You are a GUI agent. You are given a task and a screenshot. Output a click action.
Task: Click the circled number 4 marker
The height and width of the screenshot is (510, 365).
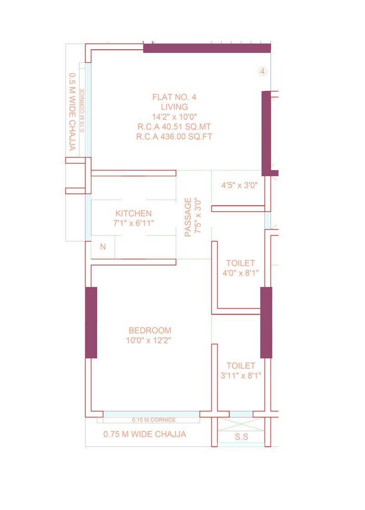(x=263, y=71)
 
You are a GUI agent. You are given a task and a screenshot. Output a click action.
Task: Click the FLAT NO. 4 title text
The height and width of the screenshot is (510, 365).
(x=174, y=97)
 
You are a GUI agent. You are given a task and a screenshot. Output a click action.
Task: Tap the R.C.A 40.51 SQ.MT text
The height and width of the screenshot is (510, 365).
(x=174, y=127)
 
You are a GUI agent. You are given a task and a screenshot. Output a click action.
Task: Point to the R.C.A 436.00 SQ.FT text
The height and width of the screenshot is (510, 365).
(x=174, y=137)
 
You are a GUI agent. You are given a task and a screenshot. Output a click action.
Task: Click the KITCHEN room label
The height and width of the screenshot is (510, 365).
(x=133, y=213)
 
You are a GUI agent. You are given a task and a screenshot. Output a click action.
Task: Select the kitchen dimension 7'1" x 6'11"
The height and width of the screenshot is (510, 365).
(x=133, y=223)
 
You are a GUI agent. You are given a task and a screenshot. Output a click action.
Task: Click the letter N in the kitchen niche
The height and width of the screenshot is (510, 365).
(x=103, y=247)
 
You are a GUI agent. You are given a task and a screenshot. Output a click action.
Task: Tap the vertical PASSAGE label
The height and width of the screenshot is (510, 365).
(x=188, y=217)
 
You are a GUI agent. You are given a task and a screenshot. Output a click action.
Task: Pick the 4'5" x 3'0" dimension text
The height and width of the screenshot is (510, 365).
(x=240, y=186)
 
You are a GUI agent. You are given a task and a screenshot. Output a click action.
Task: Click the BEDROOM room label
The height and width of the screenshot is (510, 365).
(x=150, y=330)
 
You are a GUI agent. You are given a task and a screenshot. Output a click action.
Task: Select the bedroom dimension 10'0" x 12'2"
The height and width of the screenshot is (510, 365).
(x=150, y=340)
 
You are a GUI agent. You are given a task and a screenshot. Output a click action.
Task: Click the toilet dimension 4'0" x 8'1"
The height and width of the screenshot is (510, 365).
(x=240, y=273)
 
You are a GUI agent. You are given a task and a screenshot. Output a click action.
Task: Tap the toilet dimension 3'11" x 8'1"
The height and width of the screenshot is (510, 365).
(x=240, y=376)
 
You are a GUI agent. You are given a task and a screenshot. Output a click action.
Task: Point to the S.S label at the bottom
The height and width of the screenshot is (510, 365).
(x=241, y=437)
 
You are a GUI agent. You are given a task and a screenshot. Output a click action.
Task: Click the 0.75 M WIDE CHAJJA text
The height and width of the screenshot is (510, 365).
(x=145, y=434)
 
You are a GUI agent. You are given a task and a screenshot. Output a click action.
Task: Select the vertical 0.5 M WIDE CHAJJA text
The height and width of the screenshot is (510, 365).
(x=72, y=112)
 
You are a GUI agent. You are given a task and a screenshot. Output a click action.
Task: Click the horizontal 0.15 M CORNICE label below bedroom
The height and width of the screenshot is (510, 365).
(x=153, y=420)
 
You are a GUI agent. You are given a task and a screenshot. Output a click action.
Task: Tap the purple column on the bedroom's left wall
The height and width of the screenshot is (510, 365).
(x=91, y=323)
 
